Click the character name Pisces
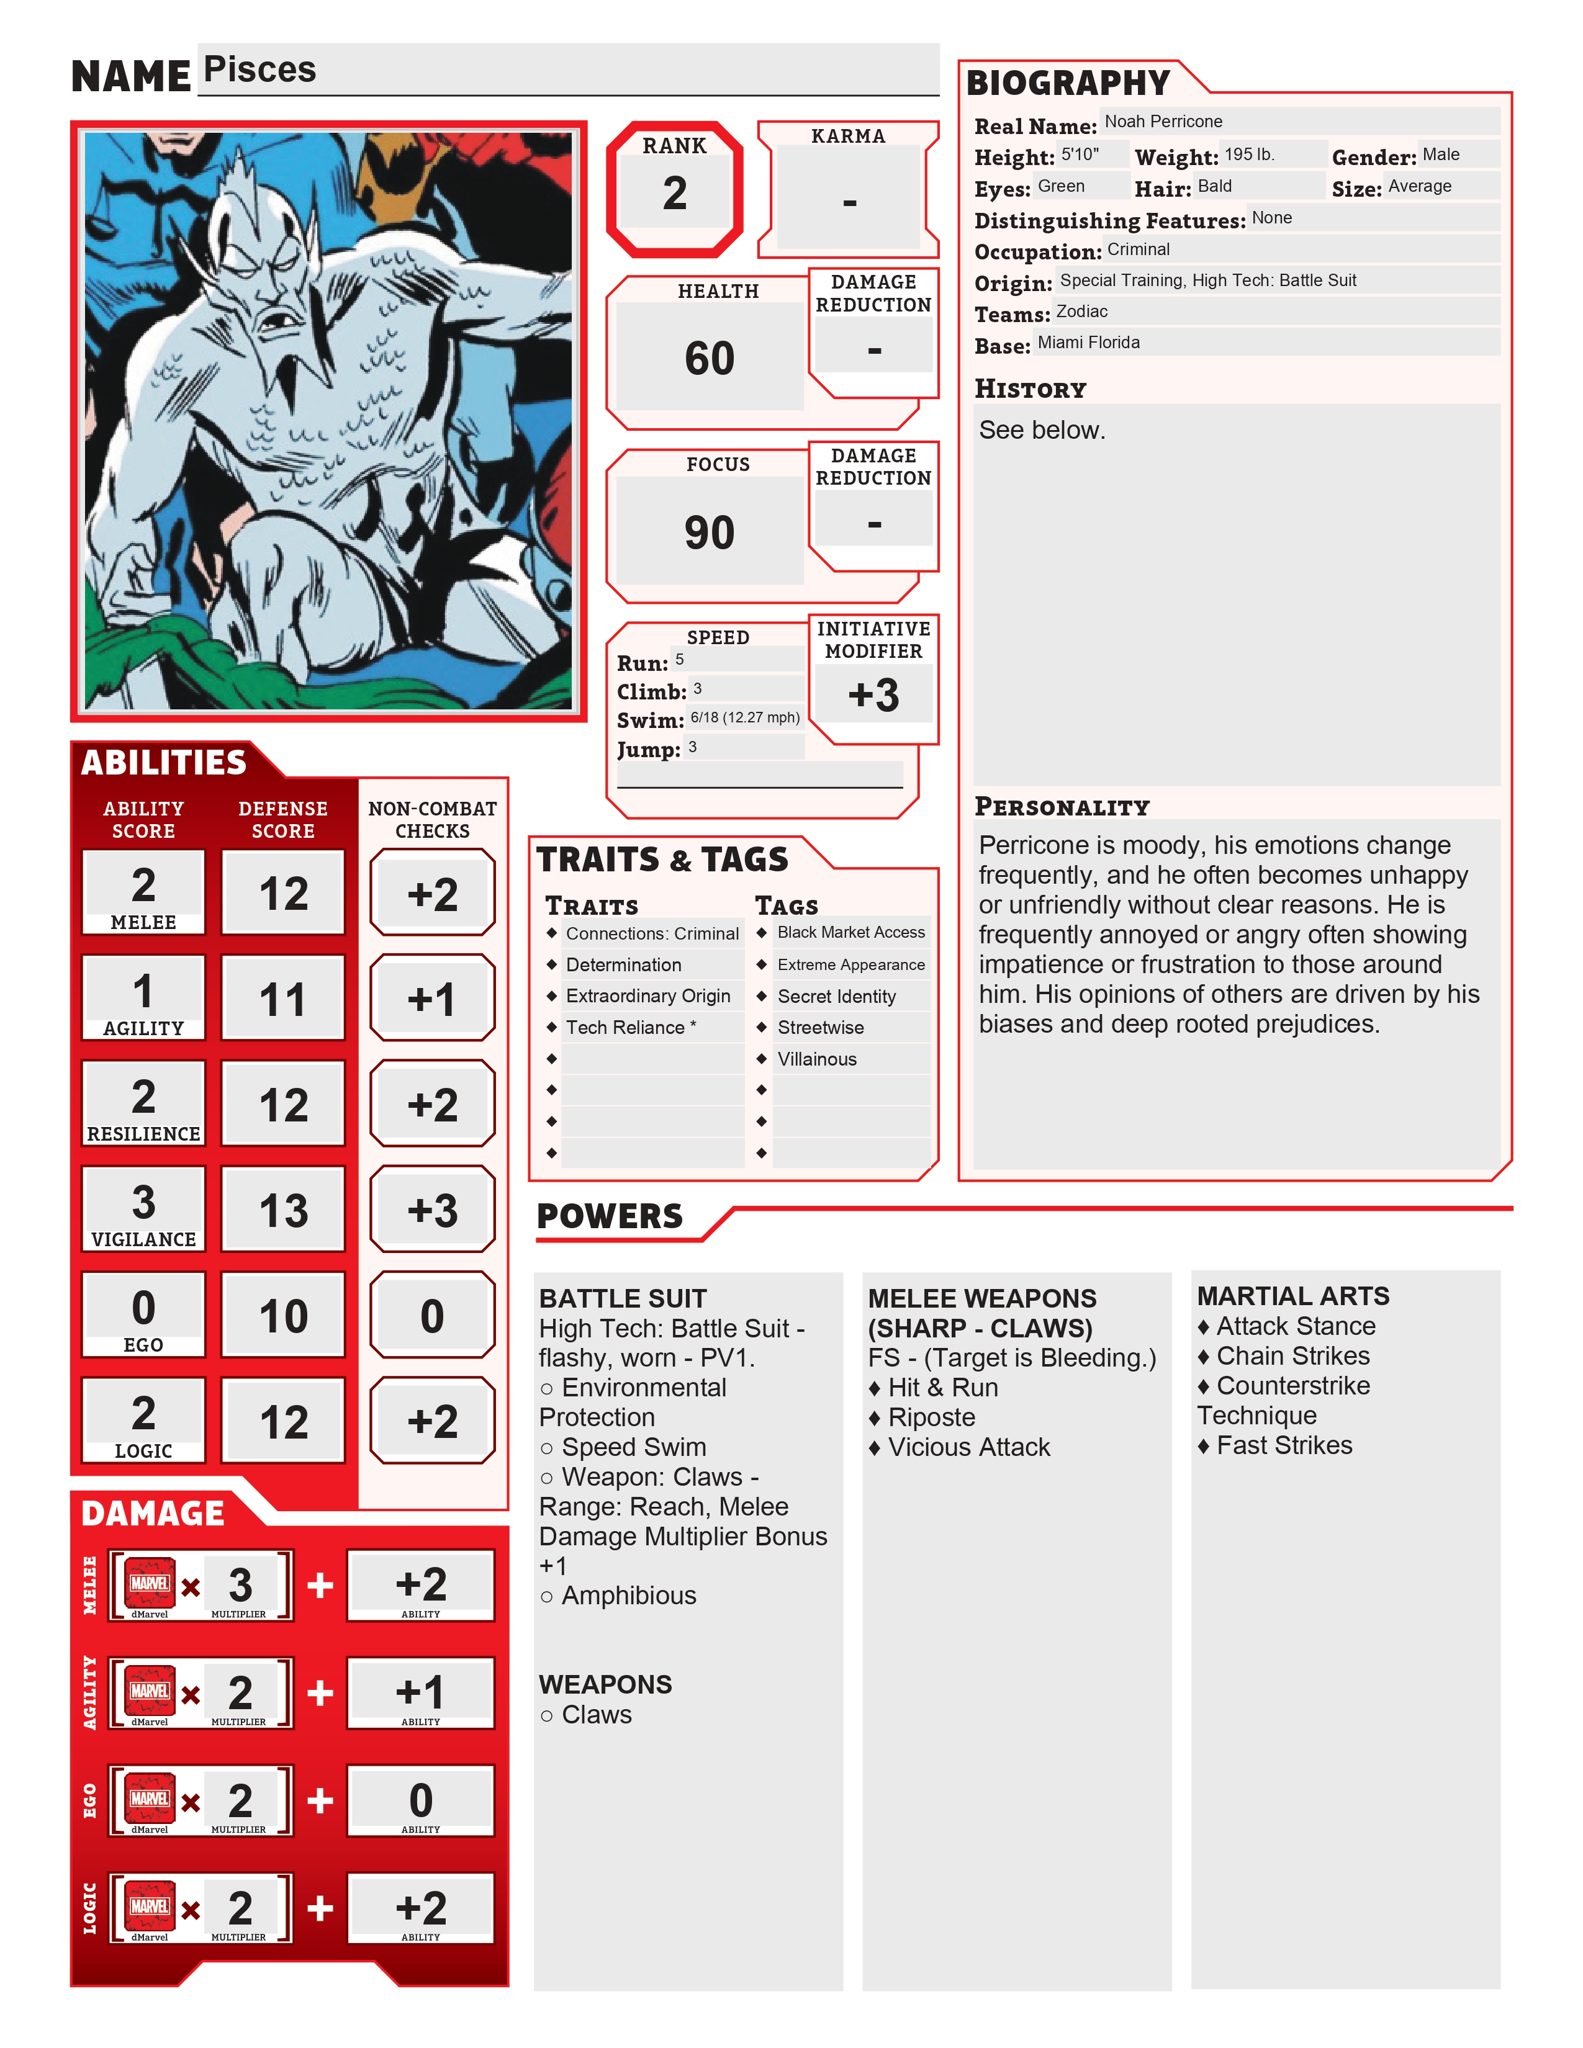pyautogui.click(x=259, y=70)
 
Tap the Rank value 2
pyautogui.click(x=674, y=193)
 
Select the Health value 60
pyautogui.click(x=709, y=358)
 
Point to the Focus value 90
pyautogui.click(x=709, y=532)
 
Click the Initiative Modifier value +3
pyautogui.click(x=873, y=696)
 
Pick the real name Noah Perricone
pyautogui.click(x=1163, y=122)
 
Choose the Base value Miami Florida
pyautogui.click(x=1088, y=343)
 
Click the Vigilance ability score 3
pyautogui.click(x=143, y=1202)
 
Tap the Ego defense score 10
pyautogui.click(x=283, y=1316)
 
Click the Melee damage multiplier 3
pyautogui.click(x=240, y=1585)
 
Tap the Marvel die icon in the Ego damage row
pyautogui.click(x=150, y=1799)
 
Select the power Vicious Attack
pyautogui.click(x=969, y=1448)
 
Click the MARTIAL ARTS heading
pyautogui.click(x=1293, y=1297)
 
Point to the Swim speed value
pyautogui.click(x=744, y=718)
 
